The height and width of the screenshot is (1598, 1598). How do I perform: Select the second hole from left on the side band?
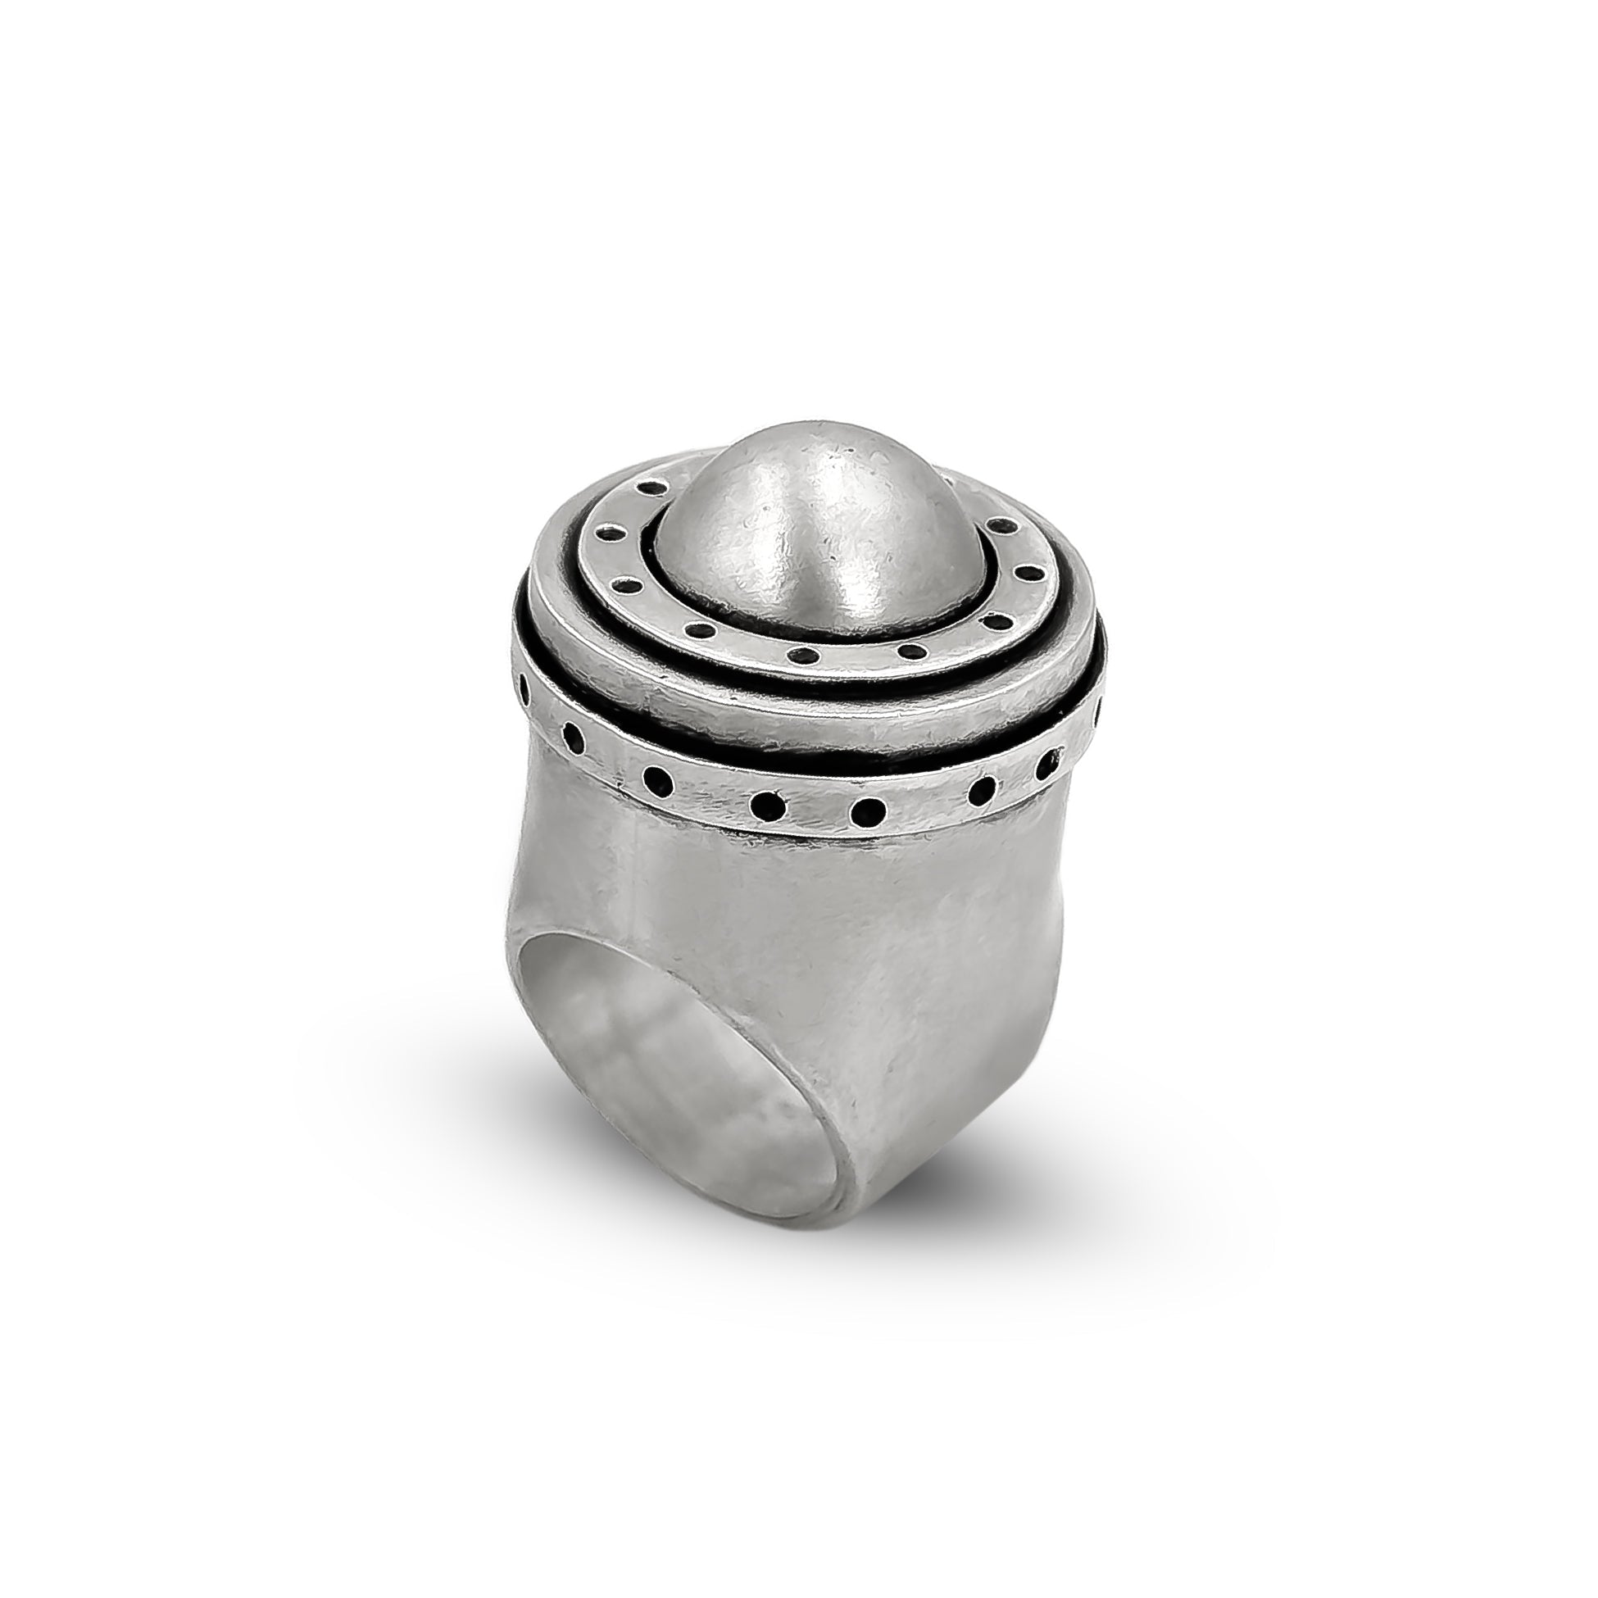tap(570, 731)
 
